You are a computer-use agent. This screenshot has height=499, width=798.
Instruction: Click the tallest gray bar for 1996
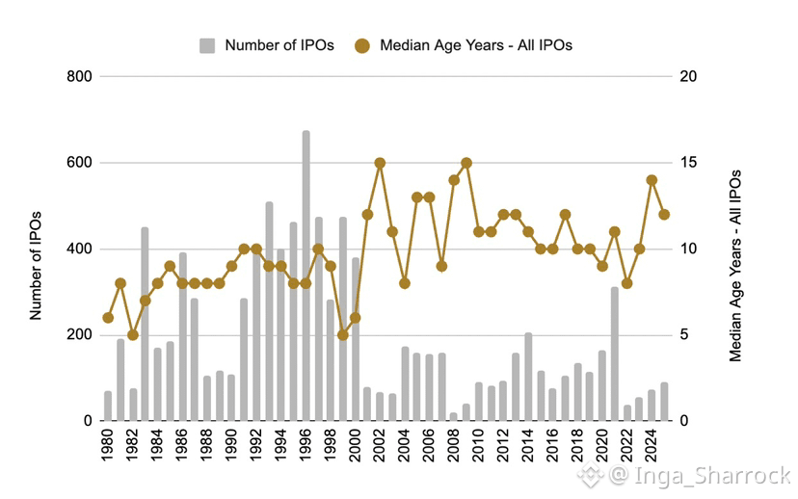point(306,276)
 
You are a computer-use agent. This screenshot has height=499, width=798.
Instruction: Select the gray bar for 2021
point(615,355)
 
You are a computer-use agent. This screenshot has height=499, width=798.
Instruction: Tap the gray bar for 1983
point(145,324)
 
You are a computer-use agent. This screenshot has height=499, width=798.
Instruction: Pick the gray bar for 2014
point(528,377)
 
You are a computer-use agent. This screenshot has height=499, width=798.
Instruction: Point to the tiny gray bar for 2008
point(454,417)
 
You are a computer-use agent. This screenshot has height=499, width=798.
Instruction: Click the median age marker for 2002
point(380,163)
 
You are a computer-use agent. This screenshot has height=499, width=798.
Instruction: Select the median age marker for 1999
point(343,335)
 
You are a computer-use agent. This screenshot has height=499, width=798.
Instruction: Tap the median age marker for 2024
point(652,180)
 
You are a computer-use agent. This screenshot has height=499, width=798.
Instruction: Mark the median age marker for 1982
point(133,335)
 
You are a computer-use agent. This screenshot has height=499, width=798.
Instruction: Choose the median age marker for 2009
point(466,163)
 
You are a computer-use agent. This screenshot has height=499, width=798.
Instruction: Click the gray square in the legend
point(207,46)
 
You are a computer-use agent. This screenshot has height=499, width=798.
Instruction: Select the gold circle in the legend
point(362,46)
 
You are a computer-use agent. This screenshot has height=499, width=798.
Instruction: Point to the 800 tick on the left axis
point(79,76)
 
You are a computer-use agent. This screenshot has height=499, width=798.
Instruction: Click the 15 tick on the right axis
point(688,163)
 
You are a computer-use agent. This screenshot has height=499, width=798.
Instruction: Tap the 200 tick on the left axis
point(79,335)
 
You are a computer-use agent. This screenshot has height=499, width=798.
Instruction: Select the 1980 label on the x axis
point(108,445)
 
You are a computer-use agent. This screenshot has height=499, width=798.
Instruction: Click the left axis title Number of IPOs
point(35,266)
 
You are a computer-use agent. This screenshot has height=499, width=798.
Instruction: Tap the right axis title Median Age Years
point(735,266)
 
